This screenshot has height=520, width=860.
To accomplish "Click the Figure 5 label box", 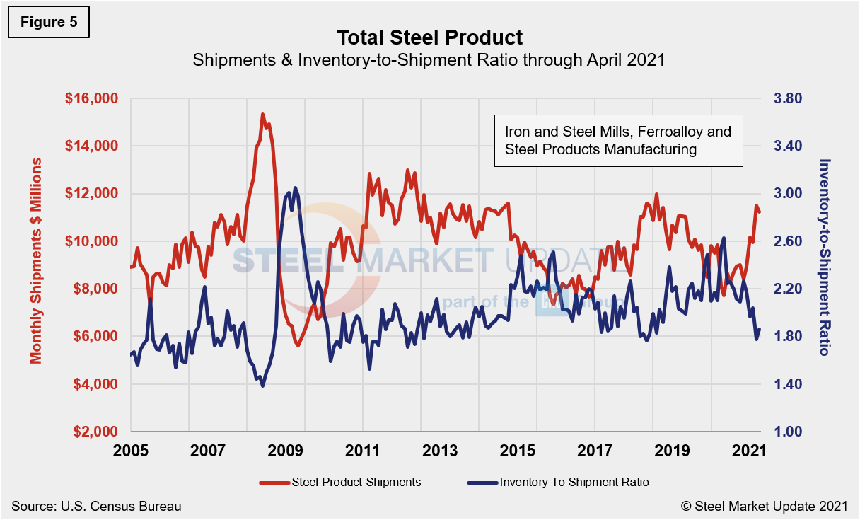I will point(49,22).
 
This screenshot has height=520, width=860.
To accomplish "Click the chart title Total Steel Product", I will point(429,37).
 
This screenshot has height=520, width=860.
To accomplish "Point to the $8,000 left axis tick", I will point(97,289).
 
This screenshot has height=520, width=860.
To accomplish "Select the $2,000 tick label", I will point(97,432).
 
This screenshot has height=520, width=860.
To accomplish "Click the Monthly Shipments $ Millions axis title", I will point(36,260).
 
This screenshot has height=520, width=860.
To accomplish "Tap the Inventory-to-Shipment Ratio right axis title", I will point(824,256).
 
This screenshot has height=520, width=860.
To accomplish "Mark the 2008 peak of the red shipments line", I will point(262,114).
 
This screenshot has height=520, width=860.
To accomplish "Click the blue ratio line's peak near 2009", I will point(295,188).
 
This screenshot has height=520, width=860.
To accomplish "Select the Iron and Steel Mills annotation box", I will point(617,140).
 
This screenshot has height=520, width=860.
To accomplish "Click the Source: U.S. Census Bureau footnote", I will point(96,506).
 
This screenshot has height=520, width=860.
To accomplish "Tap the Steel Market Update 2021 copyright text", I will point(764,506).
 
